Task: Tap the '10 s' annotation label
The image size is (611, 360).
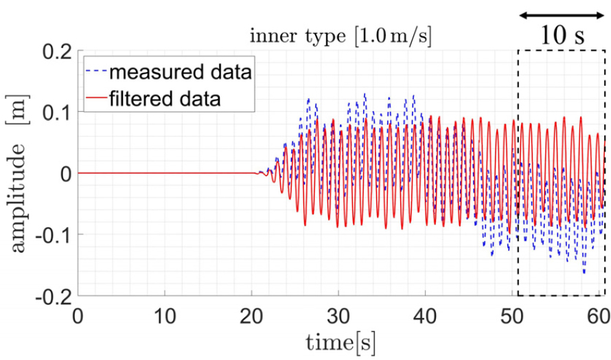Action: pyautogui.click(x=562, y=35)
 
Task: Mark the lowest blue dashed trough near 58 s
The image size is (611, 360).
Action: pyautogui.click(x=584, y=273)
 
